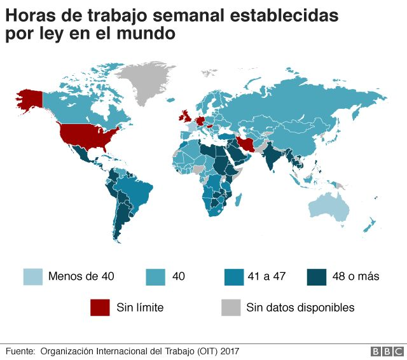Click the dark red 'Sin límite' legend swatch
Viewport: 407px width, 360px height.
(x=100, y=307)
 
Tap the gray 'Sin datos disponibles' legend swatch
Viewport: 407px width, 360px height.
(x=230, y=307)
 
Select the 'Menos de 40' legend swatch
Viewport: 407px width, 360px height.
(x=34, y=277)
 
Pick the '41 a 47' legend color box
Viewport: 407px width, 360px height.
(x=234, y=277)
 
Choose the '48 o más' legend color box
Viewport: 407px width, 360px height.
(x=316, y=277)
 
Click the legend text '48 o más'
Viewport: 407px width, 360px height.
(x=357, y=277)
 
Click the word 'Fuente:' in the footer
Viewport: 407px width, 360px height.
(x=20, y=350)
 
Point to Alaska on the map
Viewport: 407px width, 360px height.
(x=29, y=99)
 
